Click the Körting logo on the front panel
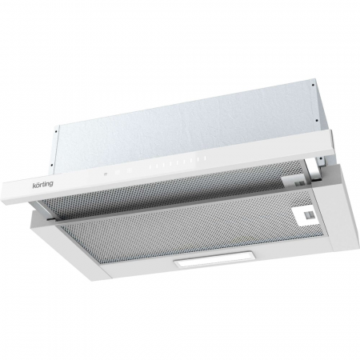pyautogui.click(x=42, y=185)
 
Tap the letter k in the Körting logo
pyautogui.click(x=34, y=186)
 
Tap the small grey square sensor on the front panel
pyautogui.click(x=106, y=174)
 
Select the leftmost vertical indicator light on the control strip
pyautogui.click(x=150, y=167)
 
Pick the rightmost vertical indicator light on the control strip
pyautogui.click(x=205, y=158)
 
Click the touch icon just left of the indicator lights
pyautogui.click(x=129, y=170)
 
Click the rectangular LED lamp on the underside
pyautogui.click(x=214, y=259)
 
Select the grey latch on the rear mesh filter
pyautogui.click(x=299, y=183)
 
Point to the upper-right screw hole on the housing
pyautogui.click(x=314, y=86)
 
